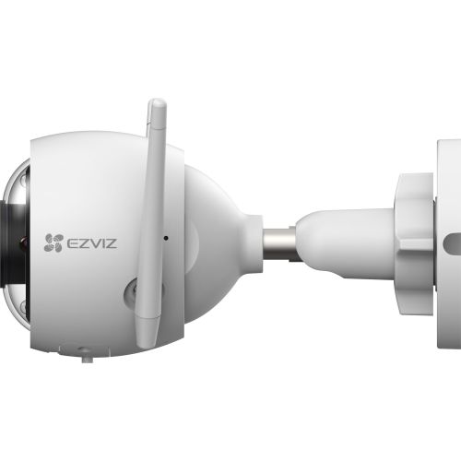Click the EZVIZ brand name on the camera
89,243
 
